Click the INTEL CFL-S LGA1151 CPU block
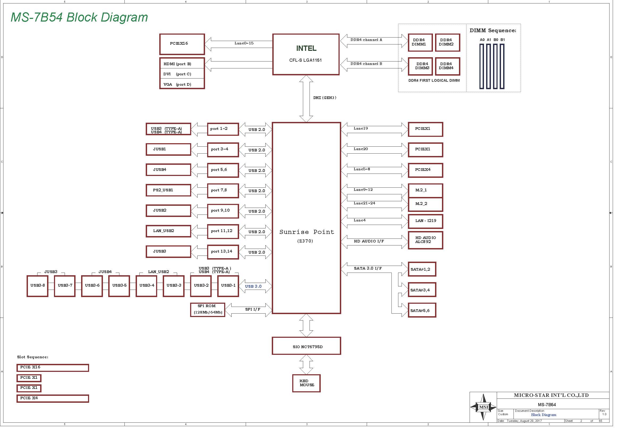click(306, 54)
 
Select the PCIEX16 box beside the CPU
click(182, 44)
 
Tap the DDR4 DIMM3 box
click(420, 67)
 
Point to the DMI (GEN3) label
click(325, 98)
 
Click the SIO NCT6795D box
click(306, 346)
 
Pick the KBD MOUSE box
click(306, 383)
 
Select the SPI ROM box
click(208, 310)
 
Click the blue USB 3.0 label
click(253, 286)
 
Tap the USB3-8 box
click(38, 286)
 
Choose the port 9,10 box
click(223, 211)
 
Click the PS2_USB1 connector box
click(169, 190)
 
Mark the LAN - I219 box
click(425, 221)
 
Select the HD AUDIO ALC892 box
click(425, 240)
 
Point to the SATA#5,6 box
click(422, 310)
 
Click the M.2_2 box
click(425, 204)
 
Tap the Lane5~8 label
click(362, 169)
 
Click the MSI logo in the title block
click(483, 407)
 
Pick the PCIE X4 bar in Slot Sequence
click(53, 398)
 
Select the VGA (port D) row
click(182, 84)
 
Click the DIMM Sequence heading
click(493, 31)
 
